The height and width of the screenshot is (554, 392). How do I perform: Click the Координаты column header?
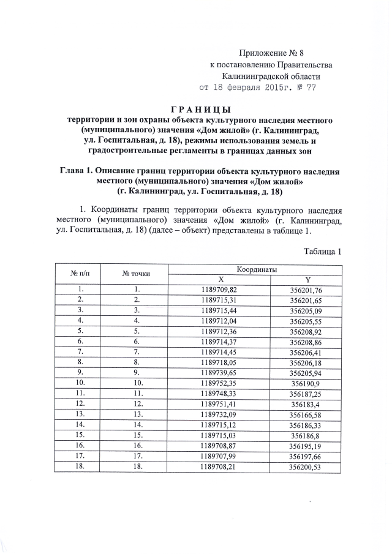pos(255,269)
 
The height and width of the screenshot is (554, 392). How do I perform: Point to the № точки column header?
pos(136,274)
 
